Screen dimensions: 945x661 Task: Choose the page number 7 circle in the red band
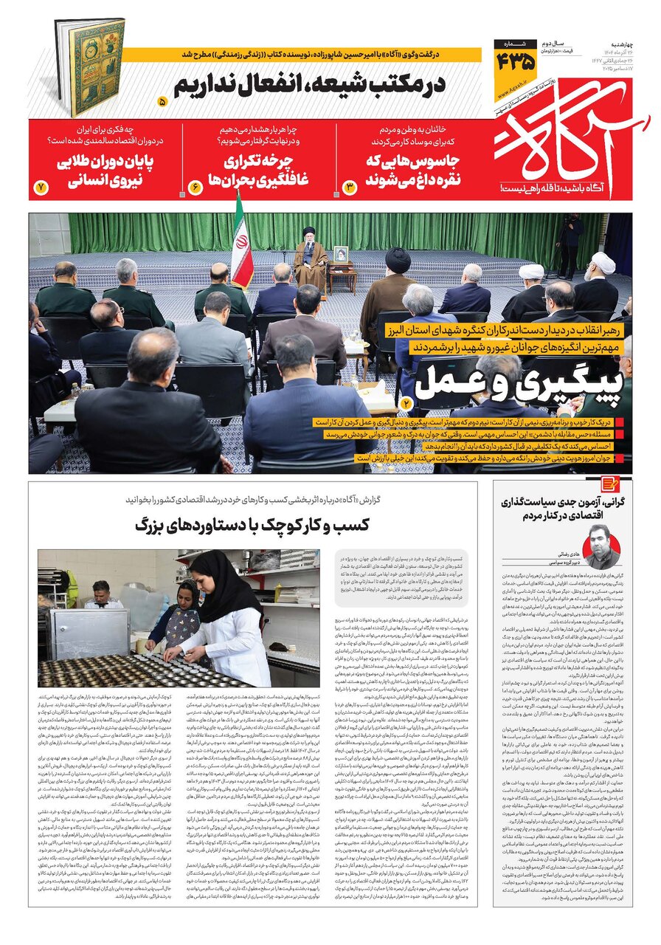[x=41, y=188]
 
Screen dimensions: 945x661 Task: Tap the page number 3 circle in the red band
[x=350, y=188]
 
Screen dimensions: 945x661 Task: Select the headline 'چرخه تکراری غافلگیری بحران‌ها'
[x=258, y=169]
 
